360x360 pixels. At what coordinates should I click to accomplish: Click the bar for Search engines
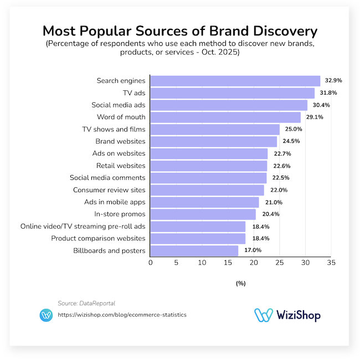(x=235, y=81)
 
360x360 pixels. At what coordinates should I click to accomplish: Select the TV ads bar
(x=233, y=93)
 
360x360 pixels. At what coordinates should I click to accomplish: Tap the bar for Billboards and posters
(x=194, y=251)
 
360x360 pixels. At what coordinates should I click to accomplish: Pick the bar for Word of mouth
(x=225, y=117)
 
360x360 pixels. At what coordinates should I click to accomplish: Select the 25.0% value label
(x=294, y=130)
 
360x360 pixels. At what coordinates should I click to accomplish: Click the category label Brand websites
(x=120, y=141)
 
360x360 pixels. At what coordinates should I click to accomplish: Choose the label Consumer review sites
(x=109, y=190)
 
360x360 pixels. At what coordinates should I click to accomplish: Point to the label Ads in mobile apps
(x=114, y=202)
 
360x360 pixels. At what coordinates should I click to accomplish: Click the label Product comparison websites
(x=98, y=238)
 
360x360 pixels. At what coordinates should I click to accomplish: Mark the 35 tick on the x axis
(x=331, y=263)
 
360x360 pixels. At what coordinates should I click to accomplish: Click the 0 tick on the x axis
(x=151, y=263)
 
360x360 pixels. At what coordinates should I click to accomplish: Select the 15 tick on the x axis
(x=228, y=263)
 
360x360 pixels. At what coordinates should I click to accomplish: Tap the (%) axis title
(x=240, y=283)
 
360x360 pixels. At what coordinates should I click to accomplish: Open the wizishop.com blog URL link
(x=122, y=315)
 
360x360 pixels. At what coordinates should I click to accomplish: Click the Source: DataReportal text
(x=86, y=303)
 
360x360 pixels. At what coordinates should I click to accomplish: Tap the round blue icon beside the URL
(x=47, y=315)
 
